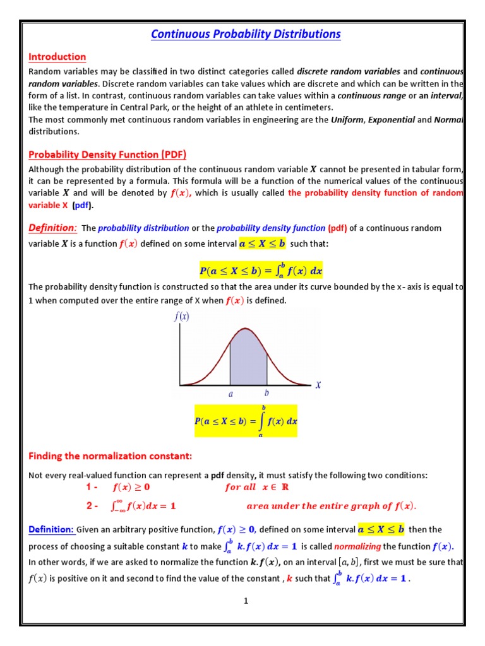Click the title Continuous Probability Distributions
(x=246, y=34)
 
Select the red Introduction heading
(x=57, y=57)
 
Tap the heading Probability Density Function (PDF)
(x=107, y=155)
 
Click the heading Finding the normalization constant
(x=110, y=456)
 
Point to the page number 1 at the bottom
(x=246, y=601)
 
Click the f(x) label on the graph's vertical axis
(x=182, y=317)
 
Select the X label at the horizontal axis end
(x=318, y=384)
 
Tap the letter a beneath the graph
(x=231, y=393)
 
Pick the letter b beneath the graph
(x=266, y=392)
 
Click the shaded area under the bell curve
(x=248, y=360)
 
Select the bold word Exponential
(x=392, y=119)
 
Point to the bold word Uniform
(x=347, y=119)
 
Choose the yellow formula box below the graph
(x=246, y=421)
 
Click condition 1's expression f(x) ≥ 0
(x=131, y=487)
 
